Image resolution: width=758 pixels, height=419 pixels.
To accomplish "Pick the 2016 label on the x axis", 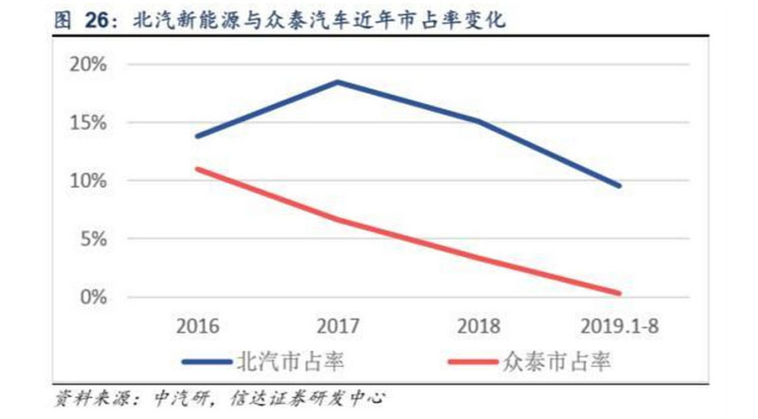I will pos(197,327).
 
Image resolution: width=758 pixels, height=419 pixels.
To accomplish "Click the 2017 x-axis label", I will pos(338,327).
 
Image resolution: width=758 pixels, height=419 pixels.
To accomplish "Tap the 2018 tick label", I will pos(479,327).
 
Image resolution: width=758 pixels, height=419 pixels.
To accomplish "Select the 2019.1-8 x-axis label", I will pos(618,327).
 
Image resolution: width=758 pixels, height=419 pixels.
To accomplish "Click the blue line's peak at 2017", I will pos(338,82).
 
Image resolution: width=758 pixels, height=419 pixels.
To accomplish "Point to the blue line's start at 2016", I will pos(197,137).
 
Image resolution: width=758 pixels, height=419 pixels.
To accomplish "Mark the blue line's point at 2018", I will pos(478,121).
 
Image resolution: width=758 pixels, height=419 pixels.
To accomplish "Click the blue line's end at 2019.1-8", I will pos(620,186).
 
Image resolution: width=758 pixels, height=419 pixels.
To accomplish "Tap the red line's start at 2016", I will pos(197,169).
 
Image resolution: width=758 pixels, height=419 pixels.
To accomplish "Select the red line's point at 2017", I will pos(338,220).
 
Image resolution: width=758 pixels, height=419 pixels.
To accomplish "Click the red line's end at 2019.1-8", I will pos(620,293).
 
